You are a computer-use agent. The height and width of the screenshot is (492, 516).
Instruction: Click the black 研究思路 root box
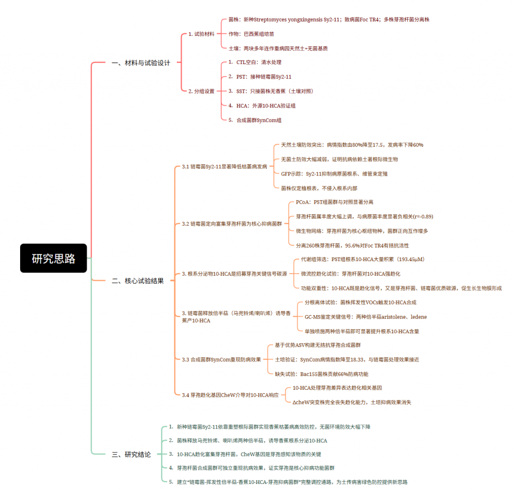click(53, 258)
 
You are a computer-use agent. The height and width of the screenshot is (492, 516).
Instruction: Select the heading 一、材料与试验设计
click(141, 63)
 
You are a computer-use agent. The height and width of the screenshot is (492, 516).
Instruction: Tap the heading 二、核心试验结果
click(138, 281)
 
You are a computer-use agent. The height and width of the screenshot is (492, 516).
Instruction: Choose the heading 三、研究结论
click(131, 455)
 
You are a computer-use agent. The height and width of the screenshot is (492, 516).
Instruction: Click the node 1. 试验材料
click(201, 34)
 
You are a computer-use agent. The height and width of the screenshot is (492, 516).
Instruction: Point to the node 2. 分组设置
click(201, 91)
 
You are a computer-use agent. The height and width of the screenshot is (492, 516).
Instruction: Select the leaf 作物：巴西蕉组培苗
click(251, 34)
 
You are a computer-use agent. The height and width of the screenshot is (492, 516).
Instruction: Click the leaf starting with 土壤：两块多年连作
click(278, 48)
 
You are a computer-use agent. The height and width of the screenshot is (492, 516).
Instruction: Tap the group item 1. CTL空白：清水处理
click(254, 62)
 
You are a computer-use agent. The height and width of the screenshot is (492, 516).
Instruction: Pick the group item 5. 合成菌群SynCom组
click(254, 120)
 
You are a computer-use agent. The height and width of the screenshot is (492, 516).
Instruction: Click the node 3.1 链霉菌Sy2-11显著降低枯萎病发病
click(224, 167)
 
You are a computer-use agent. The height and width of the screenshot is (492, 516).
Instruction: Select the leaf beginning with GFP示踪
click(334, 174)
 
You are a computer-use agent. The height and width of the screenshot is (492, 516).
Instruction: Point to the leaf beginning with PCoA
click(335, 202)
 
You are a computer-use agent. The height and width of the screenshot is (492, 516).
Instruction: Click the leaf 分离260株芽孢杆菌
click(352, 245)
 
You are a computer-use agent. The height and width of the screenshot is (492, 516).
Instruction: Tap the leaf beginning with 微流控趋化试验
click(351, 274)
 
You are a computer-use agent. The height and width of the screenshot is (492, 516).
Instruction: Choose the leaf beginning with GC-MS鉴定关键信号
click(366, 317)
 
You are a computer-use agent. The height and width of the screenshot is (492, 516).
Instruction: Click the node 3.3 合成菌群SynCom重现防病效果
click(221, 359)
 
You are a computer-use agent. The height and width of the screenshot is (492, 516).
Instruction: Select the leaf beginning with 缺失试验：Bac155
click(321, 374)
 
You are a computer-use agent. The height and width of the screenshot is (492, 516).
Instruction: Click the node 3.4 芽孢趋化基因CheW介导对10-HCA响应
click(230, 395)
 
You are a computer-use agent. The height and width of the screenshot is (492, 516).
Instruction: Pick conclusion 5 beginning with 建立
click(288, 482)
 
